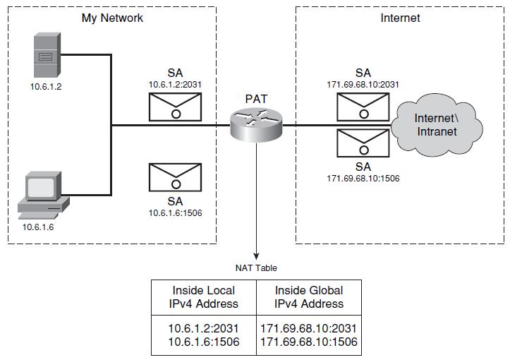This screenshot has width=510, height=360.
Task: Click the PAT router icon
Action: click(x=256, y=126)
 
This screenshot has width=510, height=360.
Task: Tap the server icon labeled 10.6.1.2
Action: click(x=47, y=54)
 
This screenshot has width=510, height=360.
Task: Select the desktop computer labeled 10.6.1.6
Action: click(x=43, y=195)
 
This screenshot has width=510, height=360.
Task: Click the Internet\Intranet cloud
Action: click(x=437, y=125)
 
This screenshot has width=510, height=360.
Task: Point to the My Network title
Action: click(x=112, y=18)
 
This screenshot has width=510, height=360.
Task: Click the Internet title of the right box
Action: click(x=400, y=18)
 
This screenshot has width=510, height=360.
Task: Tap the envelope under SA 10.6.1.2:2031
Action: click(x=176, y=107)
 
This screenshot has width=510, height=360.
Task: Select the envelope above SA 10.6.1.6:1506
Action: click(x=176, y=177)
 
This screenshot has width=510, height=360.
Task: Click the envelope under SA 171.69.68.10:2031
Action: click(x=363, y=107)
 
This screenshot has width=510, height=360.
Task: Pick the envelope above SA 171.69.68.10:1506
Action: click(x=363, y=143)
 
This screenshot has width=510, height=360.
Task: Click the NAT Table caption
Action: click(x=256, y=268)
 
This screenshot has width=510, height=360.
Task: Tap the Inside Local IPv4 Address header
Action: click(x=204, y=297)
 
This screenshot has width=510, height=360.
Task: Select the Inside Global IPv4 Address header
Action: click(x=309, y=297)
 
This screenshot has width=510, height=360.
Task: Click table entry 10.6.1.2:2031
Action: click(x=204, y=328)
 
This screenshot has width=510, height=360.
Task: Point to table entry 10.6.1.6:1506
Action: click(x=204, y=342)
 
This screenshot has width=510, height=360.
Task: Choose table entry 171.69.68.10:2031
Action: click(x=309, y=328)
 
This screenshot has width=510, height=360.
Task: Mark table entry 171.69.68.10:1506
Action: click(x=309, y=342)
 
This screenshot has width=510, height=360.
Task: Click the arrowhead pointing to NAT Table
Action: click(x=256, y=256)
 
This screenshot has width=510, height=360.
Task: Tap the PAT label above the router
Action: click(x=256, y=99)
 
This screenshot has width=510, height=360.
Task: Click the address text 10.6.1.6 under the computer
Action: click(x=38, y=227)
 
